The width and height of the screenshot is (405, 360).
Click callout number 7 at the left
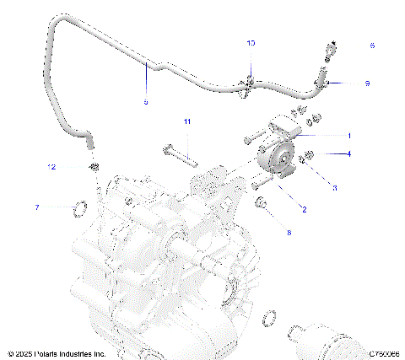(x=60, y=207)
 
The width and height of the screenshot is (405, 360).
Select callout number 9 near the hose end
(x=367, y=83)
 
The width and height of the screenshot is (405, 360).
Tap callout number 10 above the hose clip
(x=250, y=42)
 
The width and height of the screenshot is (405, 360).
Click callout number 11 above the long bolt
(x=187, y=122)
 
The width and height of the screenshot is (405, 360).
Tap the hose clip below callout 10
(x=249, y=83)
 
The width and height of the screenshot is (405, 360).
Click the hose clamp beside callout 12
(x=94, y=166)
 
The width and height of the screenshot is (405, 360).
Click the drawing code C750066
(x=381, y=354)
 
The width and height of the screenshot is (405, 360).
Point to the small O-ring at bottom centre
(x=269, y=318)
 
